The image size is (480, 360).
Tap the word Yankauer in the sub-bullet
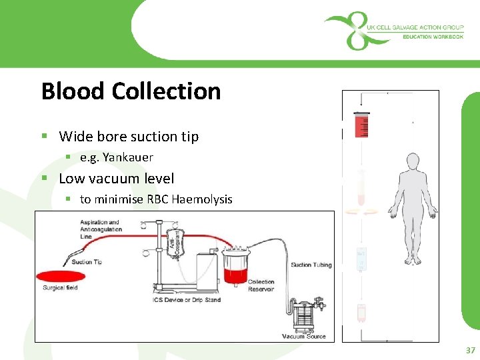[x=128, y=157]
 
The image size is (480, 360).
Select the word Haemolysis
[x=200, y=199]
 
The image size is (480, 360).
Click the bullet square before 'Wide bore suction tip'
[x=44, y=137]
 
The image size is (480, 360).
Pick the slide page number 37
[x=470, y=350]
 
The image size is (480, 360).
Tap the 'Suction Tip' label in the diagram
[x=87, y=262]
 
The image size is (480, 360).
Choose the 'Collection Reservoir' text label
[x=261, y=285]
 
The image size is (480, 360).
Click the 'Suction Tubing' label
[x=311, y=265]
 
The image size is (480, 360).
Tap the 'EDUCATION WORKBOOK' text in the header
[x=433, y=37]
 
